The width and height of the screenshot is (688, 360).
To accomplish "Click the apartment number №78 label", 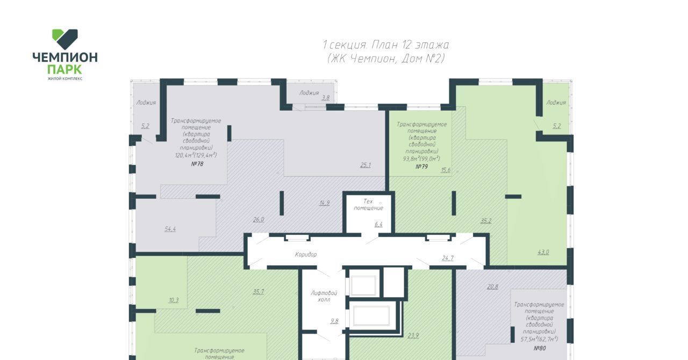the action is coord(197,164).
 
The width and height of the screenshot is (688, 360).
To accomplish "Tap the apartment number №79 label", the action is coord(422,167).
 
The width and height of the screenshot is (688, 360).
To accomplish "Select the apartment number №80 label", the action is coord(540,348).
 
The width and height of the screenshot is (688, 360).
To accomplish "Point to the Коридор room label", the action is coord(306,254).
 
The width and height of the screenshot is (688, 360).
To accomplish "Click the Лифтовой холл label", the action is coord(324,296).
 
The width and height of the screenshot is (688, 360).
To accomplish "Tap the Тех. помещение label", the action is coord(369,205).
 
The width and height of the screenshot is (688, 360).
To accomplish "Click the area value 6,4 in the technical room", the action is coord(378,225).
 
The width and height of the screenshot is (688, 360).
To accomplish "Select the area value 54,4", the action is coord(170,229).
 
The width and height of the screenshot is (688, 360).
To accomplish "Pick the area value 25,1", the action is coord(365,165).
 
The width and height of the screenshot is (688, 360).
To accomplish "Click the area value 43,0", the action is coord(543,252).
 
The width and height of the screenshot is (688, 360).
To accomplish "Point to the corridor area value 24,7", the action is coord(448,258).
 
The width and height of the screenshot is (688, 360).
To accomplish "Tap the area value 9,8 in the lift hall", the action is coord(334,321).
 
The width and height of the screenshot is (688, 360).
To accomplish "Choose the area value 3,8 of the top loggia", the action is coord(326,98).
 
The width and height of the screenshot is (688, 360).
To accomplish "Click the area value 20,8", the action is coord(493,286).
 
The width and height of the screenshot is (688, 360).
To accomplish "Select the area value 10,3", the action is coord(174,300).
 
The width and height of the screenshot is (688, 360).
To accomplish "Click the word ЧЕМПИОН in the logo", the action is coord(65,57).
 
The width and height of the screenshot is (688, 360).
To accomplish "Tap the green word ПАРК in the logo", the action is coord(65,69).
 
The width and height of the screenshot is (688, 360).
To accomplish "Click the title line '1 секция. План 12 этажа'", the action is coord(386,45).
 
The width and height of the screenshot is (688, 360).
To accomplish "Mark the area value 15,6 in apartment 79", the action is coord(446,170).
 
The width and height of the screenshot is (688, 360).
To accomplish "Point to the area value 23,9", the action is coord(413,335).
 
